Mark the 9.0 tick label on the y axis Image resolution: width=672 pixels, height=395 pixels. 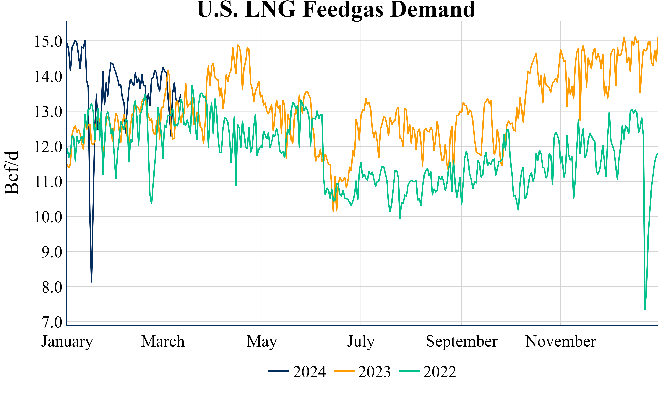coord(52,252)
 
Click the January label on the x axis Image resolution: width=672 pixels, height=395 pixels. coord(67,341)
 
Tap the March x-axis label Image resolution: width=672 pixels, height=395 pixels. coord(163,341)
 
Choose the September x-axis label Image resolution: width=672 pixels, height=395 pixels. coord(462,341)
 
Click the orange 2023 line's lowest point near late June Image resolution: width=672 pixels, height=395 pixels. coord(333,211)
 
